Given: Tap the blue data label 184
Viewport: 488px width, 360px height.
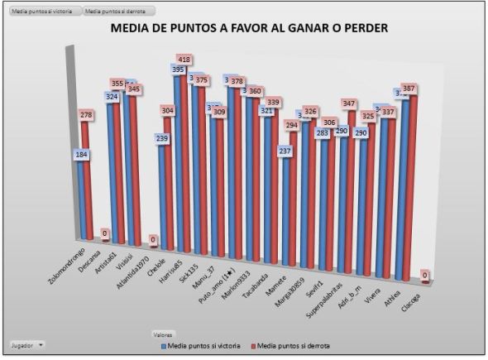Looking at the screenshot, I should click(81, 155).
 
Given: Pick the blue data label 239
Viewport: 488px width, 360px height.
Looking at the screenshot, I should click(164, 138).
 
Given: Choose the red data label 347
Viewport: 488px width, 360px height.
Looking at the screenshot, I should click(348, 104).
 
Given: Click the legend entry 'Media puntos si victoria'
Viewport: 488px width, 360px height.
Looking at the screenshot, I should click(201, 344).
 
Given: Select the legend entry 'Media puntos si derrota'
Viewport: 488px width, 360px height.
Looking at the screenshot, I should click(289, 344).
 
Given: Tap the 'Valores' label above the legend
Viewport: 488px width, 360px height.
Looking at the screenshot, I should click(163, 334).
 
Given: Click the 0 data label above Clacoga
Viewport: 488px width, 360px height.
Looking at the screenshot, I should click(425, 275).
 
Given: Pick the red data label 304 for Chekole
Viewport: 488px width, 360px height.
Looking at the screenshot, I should click(169, 110).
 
